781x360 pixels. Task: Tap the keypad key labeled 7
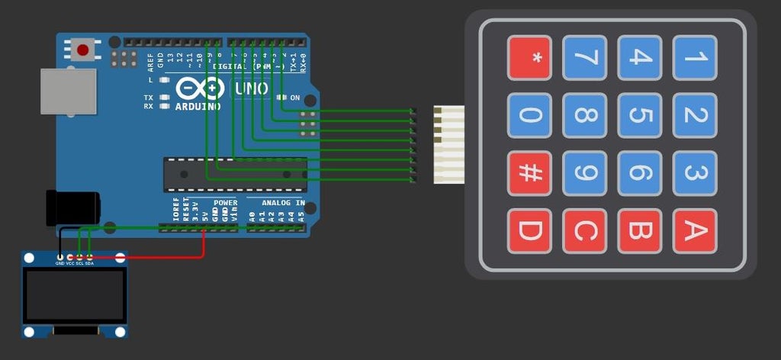pos(585,58)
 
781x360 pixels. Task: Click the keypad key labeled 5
pos(640,116)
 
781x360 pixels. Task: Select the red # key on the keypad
pos(529,173)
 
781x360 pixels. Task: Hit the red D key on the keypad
pos(529,231)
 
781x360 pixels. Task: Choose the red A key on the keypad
pos(695,231)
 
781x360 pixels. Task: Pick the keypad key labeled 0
pos(529,116)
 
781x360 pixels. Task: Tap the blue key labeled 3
pos(695,173)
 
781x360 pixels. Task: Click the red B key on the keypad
pos(640,231)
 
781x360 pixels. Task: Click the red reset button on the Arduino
pos(82,50)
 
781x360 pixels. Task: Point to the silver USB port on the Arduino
pos(69,92)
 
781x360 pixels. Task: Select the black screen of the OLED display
pos(74,294)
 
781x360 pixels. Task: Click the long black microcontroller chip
pos(235,173)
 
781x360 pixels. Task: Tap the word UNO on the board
pos(251,89)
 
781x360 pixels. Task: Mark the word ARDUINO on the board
pos(198,107)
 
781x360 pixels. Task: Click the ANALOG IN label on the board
pos(282,203)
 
